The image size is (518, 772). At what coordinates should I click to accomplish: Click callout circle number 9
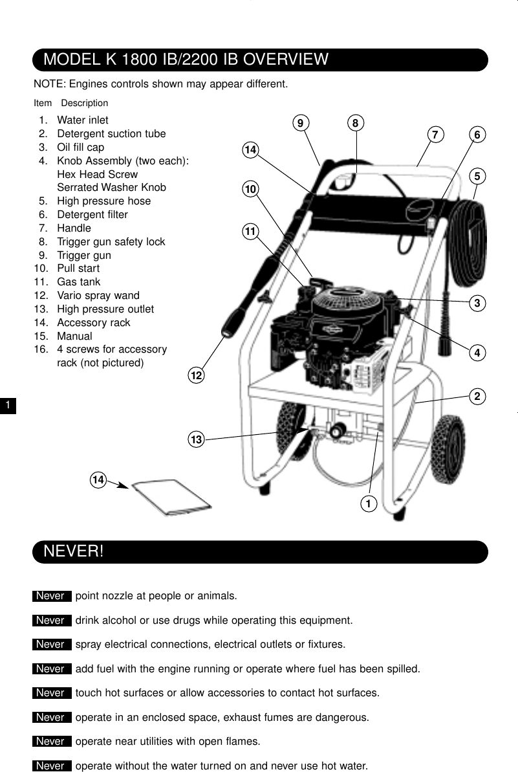(x=301, y=123)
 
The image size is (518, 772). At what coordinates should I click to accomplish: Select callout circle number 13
(x=196, y=440)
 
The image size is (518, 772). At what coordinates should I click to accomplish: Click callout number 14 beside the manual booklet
(x=98, y=480)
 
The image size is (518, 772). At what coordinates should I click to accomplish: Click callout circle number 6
(x=477, y=135)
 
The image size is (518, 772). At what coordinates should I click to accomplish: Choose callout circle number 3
(x=477, y=303)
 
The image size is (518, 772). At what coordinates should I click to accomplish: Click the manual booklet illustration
(x=171, y=498)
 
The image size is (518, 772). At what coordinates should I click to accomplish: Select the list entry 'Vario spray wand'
(x=98, y=296)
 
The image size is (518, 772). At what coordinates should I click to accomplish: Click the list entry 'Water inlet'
(x=82, y=120)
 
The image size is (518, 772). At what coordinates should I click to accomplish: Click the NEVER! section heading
(x=73, y=552)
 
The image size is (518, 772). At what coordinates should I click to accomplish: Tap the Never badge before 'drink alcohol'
(x=51, y=621)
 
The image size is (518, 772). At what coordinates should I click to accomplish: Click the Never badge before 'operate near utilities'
(x=51, y=742)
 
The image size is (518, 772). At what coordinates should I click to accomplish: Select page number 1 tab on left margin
(x=6, y=406)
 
